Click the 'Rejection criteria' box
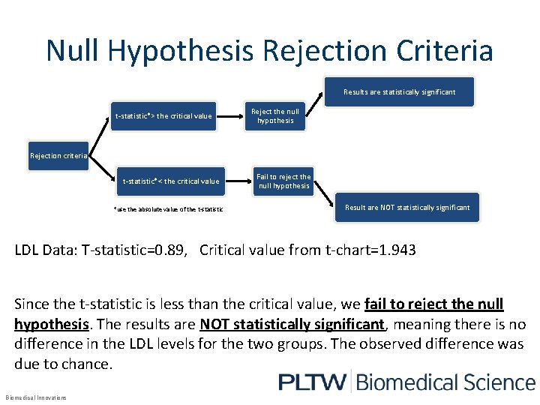tap(58, 156)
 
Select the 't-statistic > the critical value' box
tap(163, 116)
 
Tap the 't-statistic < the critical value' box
tap(171, 181)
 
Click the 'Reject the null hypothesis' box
tap(275, 116)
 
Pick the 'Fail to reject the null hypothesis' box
tap(283, 181)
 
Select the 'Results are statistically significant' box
tap(399, 92)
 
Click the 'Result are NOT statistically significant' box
tap(407, 207)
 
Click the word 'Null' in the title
tap(73, 51)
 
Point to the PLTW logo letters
tap(312, 382)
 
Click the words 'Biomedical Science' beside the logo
tap(445, 382)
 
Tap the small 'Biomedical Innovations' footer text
tap(35, 397)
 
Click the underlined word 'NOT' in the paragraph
tap(217, 325)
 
